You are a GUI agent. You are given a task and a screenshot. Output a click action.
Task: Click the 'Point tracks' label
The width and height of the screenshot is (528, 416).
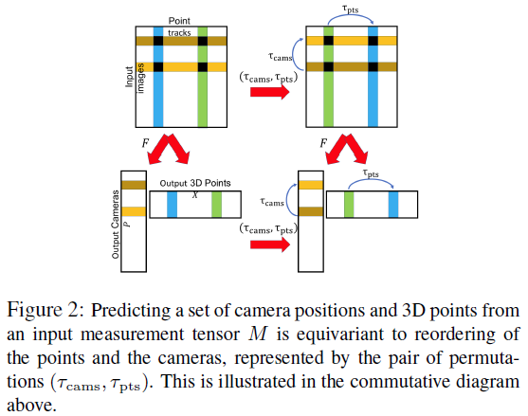pyautogui.click(x=180, y=27)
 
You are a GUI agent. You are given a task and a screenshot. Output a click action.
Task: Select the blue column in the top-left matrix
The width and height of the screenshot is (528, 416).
pyautogui.click(x=158, y=99)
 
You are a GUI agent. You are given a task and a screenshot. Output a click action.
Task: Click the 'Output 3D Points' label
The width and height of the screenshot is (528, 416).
pyautogui.click(x=193, y=183)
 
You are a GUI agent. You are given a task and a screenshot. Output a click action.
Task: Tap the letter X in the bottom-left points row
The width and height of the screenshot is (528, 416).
pyautogui.click(x=195, y=193)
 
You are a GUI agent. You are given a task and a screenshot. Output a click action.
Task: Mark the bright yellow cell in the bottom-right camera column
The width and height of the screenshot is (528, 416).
pyautogui.click(x=310, y=186)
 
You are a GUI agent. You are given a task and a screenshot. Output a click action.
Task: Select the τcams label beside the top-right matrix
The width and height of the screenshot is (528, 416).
pyautogui.click(x=281, y=56)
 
